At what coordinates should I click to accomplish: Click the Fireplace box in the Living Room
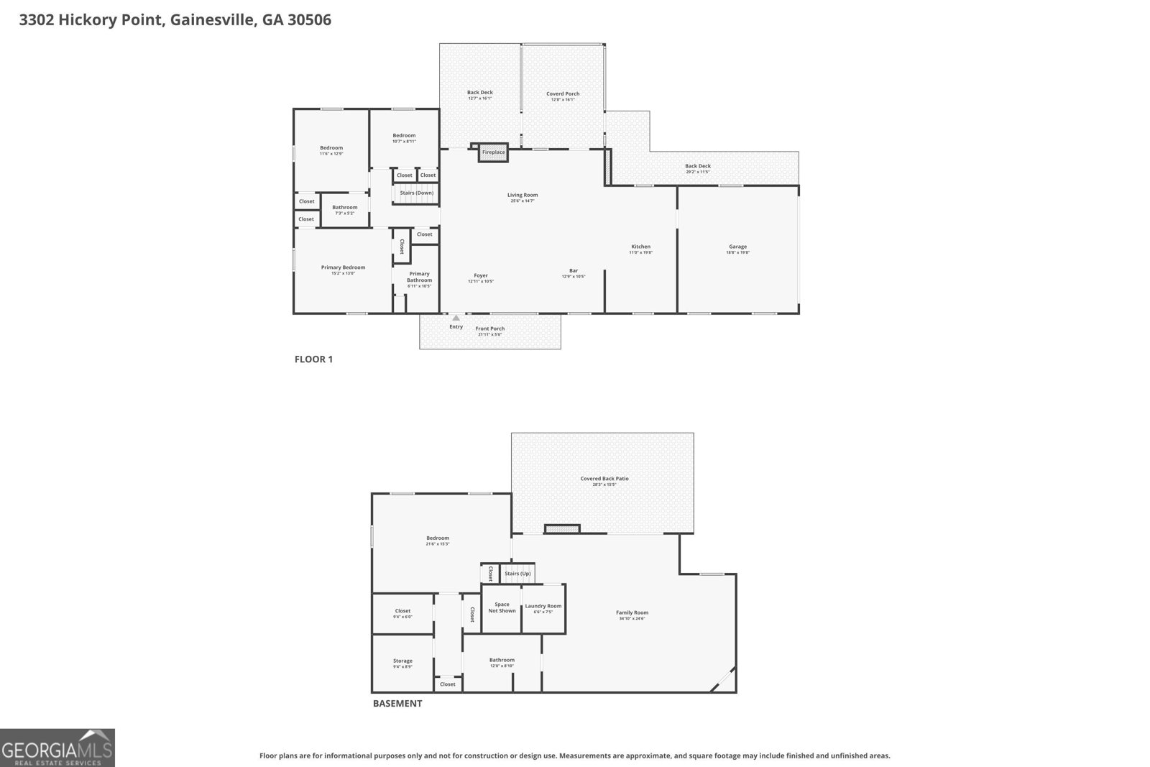[493, 152]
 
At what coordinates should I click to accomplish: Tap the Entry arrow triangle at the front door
[456, 318]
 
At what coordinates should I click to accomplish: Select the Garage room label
[737, 247]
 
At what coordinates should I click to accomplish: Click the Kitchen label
[640, 247]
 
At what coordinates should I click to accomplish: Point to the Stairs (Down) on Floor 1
[416, 193]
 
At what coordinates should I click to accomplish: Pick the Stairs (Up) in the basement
[517, 574]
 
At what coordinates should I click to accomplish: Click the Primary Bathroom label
[419, 277]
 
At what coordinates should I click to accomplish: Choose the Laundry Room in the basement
[543, 607]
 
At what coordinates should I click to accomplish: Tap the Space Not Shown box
[502, 607]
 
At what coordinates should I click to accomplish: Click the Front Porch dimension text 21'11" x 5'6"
[489, 334]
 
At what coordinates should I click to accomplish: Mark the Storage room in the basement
[402, 661]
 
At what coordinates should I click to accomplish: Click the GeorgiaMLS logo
[57, 748]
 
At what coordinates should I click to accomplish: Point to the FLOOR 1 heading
[313, 359]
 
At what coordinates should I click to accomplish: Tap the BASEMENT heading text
[397, 704]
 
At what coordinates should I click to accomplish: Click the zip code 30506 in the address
[309, 20]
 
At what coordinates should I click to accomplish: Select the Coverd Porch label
[563, 93]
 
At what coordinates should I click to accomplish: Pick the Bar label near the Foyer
[574, 271]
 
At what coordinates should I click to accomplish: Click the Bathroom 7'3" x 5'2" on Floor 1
[344, 208]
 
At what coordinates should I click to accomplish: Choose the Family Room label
[632, 613]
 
